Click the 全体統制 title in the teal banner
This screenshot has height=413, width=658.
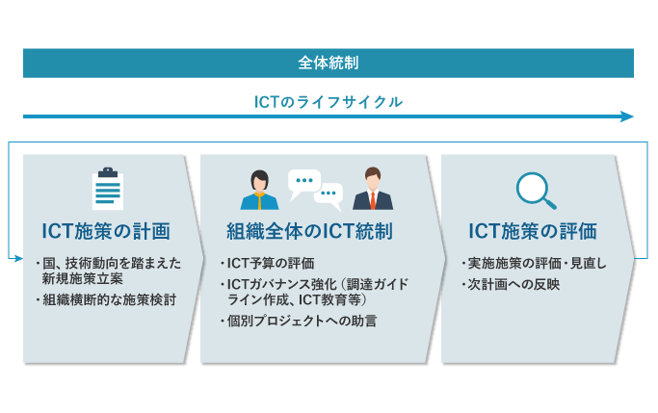tap(329, 63)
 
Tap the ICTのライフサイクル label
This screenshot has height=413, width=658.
tap(329, 102)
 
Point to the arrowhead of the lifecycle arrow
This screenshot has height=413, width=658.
tap(627, 116)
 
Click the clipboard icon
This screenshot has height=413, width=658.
tap(108, 189)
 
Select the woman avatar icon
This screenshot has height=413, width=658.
tap(259, 190)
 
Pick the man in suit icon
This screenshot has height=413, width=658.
tap(373, 189)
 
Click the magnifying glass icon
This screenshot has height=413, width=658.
tap(536, 191)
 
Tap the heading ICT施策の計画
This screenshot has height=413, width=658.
tap(106, 231)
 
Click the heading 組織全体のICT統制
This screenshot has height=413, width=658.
tap(309, 231)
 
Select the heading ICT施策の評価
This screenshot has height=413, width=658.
tap(533, 231)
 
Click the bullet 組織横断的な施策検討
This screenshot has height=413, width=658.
tap(106, 299)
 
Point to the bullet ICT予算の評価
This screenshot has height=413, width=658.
tap(268, 264)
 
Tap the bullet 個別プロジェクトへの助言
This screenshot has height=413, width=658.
tap(299, 322)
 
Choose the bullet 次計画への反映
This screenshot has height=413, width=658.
tap(511, 284)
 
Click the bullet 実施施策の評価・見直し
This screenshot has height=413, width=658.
tap(534, 264)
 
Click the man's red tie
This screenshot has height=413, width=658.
tap(373, 201)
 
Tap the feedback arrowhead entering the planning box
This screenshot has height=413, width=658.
tap(19, 259)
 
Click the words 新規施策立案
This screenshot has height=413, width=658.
tap(83, 278)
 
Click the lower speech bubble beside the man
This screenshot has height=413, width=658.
tap(329, 196)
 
